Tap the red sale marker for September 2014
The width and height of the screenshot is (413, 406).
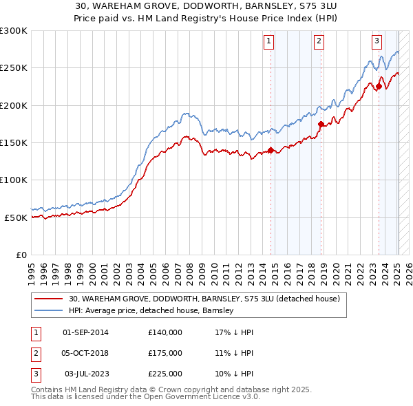pyautogui.click(x=271, y=150)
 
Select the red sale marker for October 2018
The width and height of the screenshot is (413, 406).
pyautogui.click(x=321, y=125)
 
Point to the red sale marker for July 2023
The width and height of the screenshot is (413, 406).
pyautogui.click(x=379, y=87)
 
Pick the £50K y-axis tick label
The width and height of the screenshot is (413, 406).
pyautogui.click(x=16, y=217)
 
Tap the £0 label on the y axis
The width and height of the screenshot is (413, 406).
pyautogui.click(x=21, y=255)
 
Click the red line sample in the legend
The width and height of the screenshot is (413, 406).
pyautogui.click(x=49, y=299)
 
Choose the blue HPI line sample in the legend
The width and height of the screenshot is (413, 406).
pyautogui.click(x=49, y=311)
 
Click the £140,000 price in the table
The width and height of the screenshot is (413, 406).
pyautogui.click(x=165, y=332)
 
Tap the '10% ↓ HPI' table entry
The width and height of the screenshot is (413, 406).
pyautogui.click(x=234, y=374)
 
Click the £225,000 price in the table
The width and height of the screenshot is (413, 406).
pyautogui.click(x=165, y=374)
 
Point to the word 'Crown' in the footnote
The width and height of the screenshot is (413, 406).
pyautogui.click(x=180, y=389)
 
